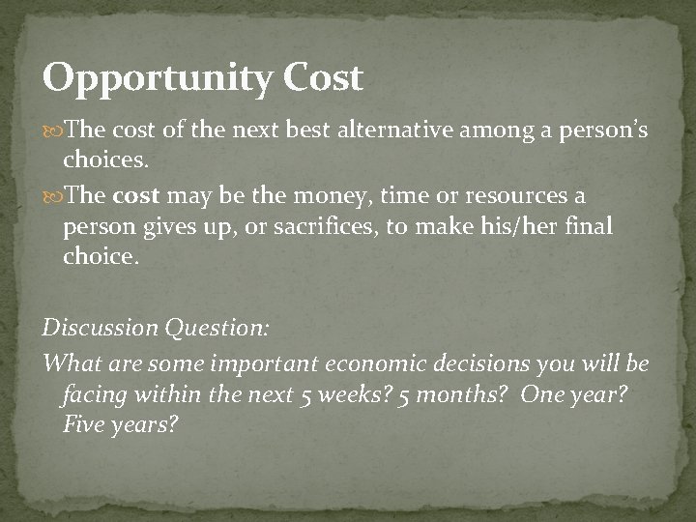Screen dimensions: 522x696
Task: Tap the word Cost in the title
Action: pyautogui.click(x=323, y=77)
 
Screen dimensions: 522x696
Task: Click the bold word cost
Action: pyautogui.click(x=137, y=195)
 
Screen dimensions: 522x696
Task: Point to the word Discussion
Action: pyautogui.click(x=99, y=327)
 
